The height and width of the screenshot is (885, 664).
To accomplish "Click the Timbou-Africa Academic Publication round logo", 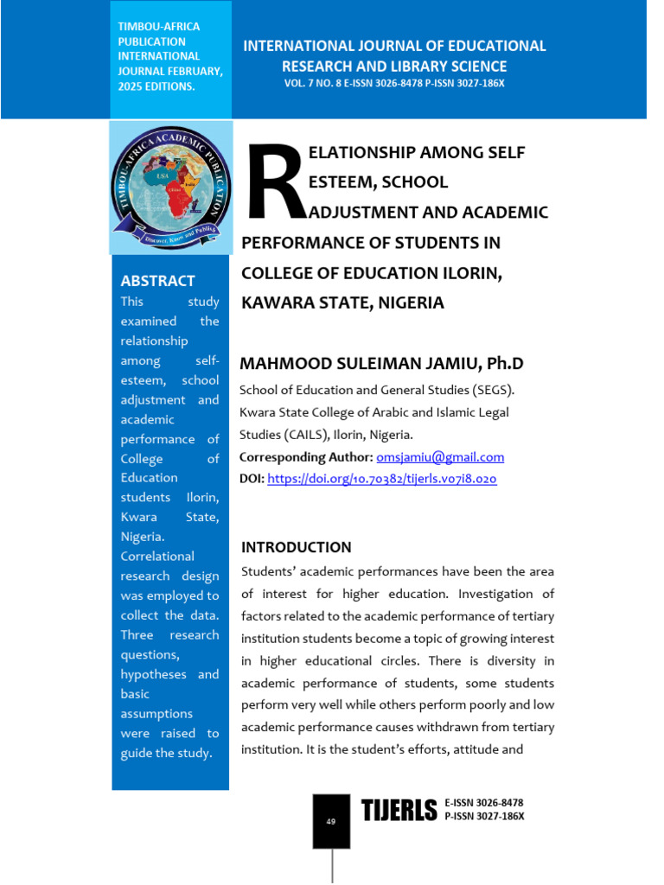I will [170, 187].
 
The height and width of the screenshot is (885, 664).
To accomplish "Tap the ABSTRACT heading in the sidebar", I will [157, 281].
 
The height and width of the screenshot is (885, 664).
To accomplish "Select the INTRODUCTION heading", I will [296, 547].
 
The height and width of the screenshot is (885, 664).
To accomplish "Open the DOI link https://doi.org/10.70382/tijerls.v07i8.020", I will [382, 478].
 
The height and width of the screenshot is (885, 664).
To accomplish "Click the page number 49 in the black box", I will [331, 821].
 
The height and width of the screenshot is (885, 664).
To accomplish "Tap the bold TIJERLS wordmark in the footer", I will [399, 811].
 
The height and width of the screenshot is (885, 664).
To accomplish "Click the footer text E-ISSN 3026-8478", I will [483, 803].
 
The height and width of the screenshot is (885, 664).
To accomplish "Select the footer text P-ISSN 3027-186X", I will [484, 816].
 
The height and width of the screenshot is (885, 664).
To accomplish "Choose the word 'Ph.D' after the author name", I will [505, 363].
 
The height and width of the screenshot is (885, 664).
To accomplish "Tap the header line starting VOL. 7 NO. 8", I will [393, 83].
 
